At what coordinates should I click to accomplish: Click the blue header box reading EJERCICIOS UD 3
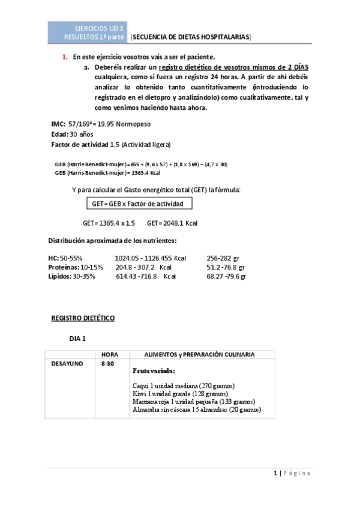coord(87,32)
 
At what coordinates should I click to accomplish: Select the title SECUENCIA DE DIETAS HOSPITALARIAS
coord(190,37)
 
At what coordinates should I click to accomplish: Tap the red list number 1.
coord(65,57)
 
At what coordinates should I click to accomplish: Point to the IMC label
coord(58,124)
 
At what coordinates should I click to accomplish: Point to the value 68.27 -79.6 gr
coord(226,276)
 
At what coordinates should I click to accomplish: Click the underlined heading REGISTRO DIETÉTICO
coord(82,318)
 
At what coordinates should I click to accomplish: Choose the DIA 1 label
coord(78,339)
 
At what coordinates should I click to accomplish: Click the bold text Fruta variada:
coord(154,371)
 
